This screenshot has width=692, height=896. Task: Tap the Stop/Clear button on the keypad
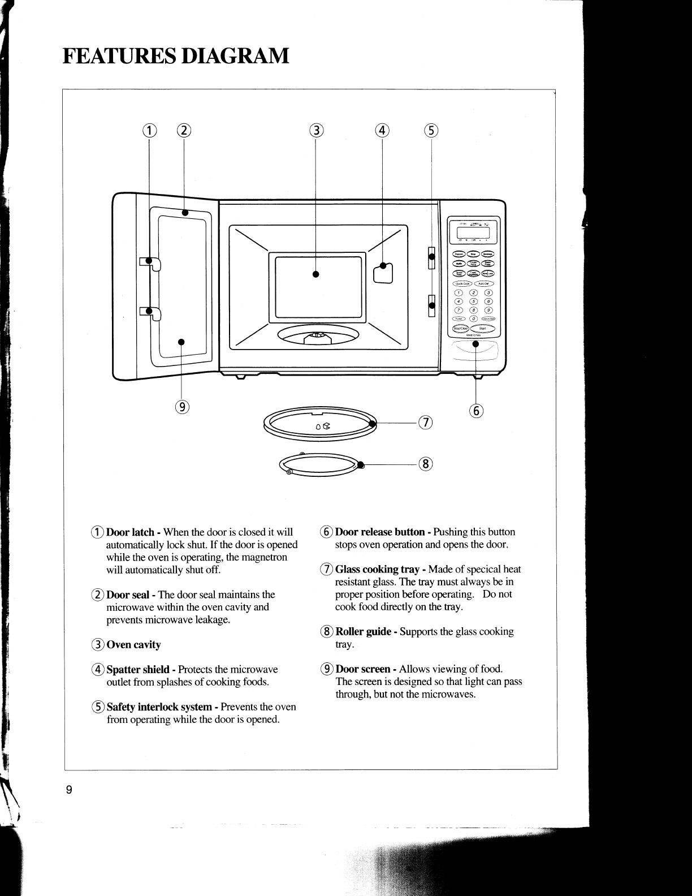pos(460,328)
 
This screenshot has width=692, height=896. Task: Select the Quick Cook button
pos(462,283)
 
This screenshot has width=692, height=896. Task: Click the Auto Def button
pos(485,283)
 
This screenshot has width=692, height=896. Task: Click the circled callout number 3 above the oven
pos(317,131)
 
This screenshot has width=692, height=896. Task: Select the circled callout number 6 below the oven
pos(477,411)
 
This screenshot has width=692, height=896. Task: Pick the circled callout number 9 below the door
pos(181,407)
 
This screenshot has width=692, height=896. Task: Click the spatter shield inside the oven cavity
pos(383,273)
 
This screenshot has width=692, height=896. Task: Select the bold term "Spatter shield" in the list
pos(138,669)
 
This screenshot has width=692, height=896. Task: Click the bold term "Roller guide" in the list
pos(364,631)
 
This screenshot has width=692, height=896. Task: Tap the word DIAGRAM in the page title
pos(236,56)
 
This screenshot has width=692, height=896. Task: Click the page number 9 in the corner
pos(68,790)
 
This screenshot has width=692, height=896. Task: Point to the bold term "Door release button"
pos(380,532)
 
